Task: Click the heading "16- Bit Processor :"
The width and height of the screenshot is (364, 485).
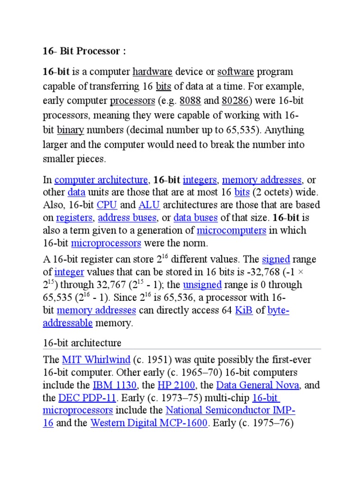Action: (84, 51)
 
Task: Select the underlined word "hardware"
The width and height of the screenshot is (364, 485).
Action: (152, 72)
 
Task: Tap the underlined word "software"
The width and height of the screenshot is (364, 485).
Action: (236, 72)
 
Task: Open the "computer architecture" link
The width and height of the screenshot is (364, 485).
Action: (101, 180)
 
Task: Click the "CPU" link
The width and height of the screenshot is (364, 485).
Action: (107, 205)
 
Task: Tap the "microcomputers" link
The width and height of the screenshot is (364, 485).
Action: (231, 231)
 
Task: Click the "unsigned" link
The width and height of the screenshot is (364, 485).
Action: (202, 285)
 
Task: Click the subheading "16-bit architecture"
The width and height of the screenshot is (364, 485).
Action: (82, 343)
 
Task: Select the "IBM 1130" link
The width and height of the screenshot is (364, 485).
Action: (115, 385)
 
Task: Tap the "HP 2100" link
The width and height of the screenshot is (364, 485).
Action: (181, 385)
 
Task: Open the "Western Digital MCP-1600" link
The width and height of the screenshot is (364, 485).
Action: (149, 423)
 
